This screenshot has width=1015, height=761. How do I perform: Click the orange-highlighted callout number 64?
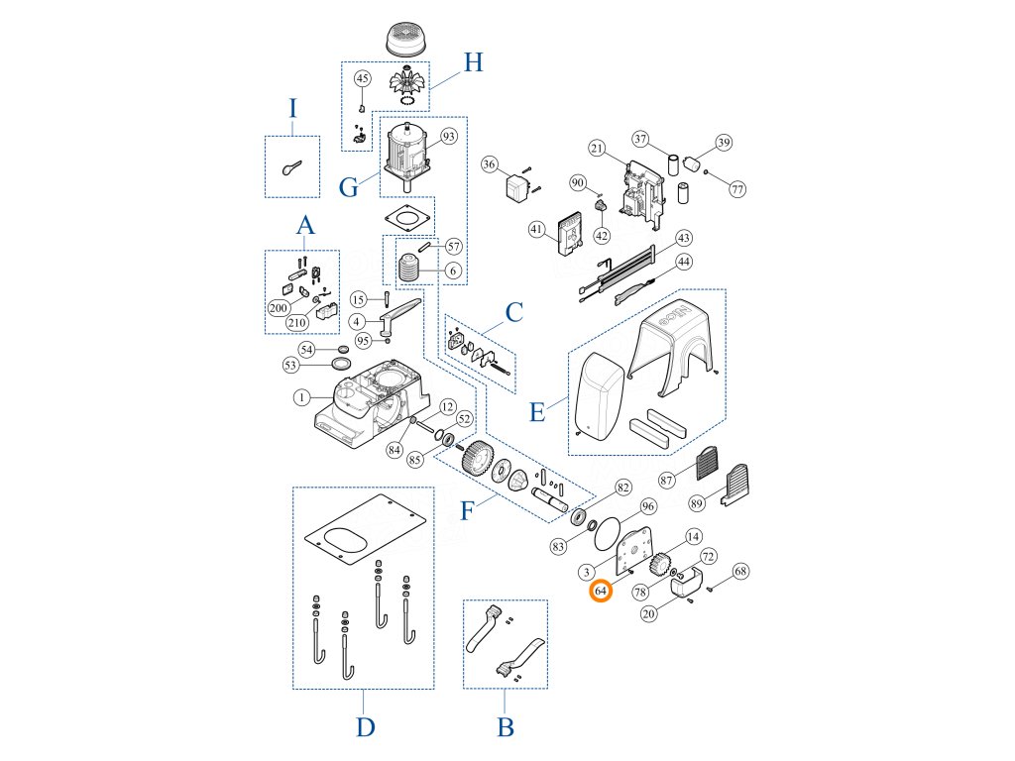(x=601, y=592)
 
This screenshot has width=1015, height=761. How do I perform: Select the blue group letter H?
(x=474, y=63)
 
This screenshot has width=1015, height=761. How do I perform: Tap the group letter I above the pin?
(x=292, y=108)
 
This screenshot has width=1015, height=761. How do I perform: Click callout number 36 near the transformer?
(x=490, y=163)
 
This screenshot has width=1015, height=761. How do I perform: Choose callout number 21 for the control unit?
(x=596, y=149)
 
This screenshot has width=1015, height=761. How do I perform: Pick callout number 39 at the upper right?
(x=724, y=144)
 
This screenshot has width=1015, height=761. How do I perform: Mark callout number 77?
(x=736, y=188)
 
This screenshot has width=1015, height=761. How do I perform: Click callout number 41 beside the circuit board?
(x=537, y=230)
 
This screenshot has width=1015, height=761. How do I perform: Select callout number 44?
(x=683, y=262)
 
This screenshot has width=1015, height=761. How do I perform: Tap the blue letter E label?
(x=537, y=411)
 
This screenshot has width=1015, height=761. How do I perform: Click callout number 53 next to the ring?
(x=290, y=366)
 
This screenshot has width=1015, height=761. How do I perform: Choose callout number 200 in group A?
(x=278, y=308)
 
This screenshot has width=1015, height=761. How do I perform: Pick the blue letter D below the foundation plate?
(x=365, y=727)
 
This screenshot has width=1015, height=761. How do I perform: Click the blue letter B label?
(x=506, y=728)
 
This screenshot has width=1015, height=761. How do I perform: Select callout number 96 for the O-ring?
(x=647, y=506)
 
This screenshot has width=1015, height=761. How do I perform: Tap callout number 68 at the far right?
(x=741, y=572)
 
